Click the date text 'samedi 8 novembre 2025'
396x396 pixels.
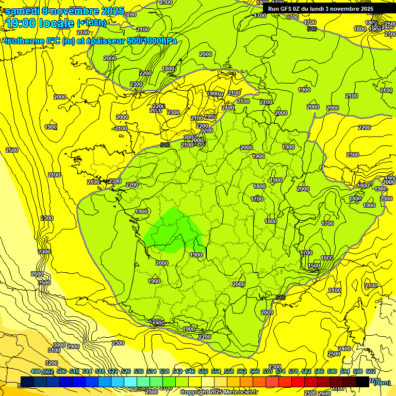coord(64,11)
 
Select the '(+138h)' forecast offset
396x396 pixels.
coord(92,23)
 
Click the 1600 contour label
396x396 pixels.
coord(326,258)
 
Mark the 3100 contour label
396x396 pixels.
coord(54,350)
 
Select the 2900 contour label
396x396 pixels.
coord(73,346)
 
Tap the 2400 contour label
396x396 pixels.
coord(345,349)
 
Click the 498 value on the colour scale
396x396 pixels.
coord(36,371)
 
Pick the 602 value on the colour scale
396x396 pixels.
coord(370,371)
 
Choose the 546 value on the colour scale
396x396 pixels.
coord(190,371)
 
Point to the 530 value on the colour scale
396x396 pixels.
coord(139,371)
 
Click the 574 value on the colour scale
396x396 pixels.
coord(280,371)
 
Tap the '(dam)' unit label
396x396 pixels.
coord(382,382)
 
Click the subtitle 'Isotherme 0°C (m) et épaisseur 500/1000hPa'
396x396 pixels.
coord(91,41)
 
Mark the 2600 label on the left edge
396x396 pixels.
coord(37,274)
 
